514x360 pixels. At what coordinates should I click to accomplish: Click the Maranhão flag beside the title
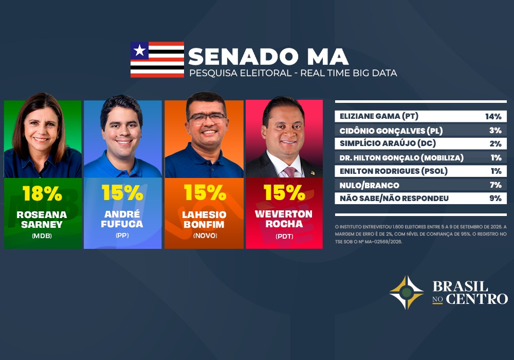[157, 59]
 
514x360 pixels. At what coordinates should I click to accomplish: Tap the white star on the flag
[139, 50]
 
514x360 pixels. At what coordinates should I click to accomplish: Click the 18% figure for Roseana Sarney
[42, 193]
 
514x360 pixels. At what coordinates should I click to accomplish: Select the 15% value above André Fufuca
[122, 192]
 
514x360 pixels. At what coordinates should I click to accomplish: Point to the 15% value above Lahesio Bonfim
[205, 192]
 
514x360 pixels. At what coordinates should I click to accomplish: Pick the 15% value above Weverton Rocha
[284, 192]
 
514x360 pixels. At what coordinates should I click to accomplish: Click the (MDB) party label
[42, 236]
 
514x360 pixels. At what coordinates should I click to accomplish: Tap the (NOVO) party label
[205, 236]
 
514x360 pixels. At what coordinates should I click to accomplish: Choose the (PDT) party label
[284, 236]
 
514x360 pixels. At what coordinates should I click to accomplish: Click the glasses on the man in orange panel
[207, 118]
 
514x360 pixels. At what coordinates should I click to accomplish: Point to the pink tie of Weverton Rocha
[289, 171]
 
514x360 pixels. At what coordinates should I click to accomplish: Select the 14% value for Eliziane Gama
[493, 116]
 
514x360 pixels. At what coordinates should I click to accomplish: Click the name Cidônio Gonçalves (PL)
[391, 131]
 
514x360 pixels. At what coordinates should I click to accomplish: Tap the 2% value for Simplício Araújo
[495, 143]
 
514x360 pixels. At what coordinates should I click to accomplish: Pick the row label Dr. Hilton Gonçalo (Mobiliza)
[401, 158]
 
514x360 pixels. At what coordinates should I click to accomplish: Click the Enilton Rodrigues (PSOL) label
[393, 171]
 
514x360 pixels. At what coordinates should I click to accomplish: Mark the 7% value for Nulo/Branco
[495, 185]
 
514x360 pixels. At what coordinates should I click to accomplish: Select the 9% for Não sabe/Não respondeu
[495, 199]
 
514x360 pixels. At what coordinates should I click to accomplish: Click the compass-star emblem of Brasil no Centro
[407, 293]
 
